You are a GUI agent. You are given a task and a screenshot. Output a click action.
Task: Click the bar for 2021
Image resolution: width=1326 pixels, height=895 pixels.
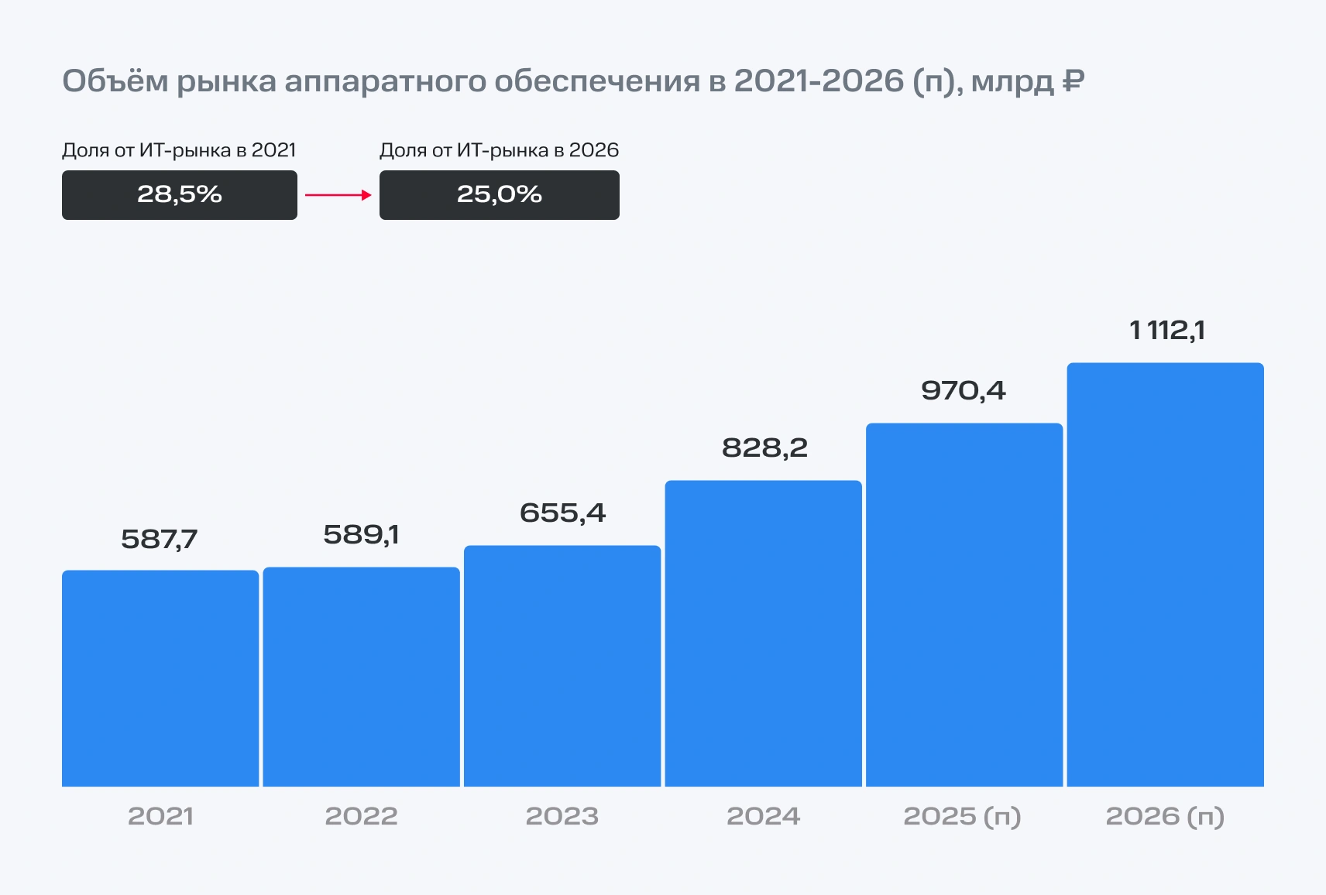pyautogui.click(x=160, y=678)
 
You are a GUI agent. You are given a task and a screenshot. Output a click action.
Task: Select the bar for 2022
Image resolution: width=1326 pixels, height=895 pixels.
pyautogui.click(x=361, y=677)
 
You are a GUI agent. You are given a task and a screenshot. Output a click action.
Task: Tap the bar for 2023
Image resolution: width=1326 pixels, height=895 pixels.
pyautogui.click(x=562, y=666)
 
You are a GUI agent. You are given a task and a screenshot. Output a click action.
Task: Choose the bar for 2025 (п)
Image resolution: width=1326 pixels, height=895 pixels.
pyautogui.click(x=964, y=605)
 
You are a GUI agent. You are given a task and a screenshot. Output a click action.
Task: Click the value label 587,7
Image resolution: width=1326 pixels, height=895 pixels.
pyautogui.click(x=160, y=539)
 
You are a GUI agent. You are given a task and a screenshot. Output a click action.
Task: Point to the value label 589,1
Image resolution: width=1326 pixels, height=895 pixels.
pyautogui.click(x=361, y=534)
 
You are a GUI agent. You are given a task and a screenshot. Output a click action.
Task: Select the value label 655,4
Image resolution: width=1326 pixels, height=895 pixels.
pyautogui.click(x=562, y=513)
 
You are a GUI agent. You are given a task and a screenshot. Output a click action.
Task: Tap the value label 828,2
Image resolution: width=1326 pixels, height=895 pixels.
pyautogui.click(x=764, y=447)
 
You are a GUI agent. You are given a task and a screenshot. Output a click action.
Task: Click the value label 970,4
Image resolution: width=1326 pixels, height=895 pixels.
pyautogui.click(x=964, y=390)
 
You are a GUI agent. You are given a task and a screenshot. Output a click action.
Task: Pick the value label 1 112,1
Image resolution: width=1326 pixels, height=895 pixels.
pyautogui.click(x=1167, y=331)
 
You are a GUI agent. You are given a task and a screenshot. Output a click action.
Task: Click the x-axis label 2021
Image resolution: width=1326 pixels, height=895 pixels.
pyautogui.click(x=160, y=816)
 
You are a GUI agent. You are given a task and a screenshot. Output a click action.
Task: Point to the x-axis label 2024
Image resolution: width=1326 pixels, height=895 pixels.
pyautogui.click(x=763, y=816)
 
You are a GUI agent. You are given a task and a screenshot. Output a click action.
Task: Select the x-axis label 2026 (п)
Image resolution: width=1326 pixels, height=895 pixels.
pyautogui.click(x=1165, y=816)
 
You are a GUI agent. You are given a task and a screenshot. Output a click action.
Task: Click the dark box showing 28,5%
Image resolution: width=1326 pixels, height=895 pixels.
pyautogui.click(x=180, y=195)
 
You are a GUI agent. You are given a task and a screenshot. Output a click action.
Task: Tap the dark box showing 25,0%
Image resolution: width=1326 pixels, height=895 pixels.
pyautogui.click(x=500, y=195)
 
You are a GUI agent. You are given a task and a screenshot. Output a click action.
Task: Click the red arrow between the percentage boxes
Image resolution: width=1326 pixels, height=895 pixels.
pyautogui.click(x=338, y=195)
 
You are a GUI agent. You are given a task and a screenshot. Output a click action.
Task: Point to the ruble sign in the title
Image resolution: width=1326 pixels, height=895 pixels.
pyautogui.click(x=1073, y=81)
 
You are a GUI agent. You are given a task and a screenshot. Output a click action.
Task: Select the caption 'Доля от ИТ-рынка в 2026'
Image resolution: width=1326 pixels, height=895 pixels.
pyautogui.click(x=500, y=150)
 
